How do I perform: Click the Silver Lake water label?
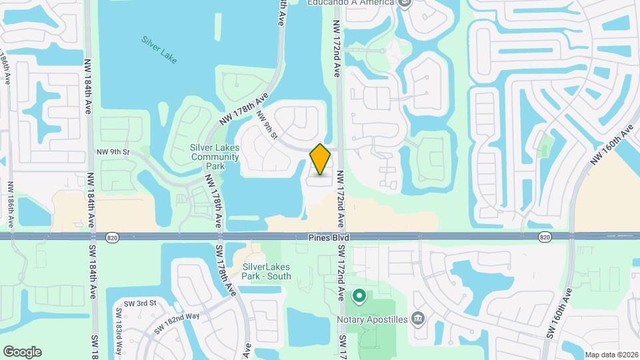(x=159, y=49)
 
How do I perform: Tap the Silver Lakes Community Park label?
(x=215, y=157)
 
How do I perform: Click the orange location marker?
(x=320, y=160)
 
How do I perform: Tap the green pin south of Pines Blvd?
(x=359, y=295)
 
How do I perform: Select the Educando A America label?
(x=351, y=3)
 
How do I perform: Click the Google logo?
(x=22, y=351)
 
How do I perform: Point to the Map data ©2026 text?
(x=611, y=354)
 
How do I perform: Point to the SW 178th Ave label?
(x=227, y=269)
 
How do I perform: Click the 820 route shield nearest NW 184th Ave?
(x=112, y=237)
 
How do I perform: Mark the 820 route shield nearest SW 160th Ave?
(x=545, y=237)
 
